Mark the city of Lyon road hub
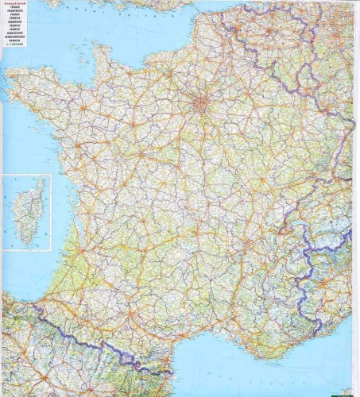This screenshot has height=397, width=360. [x=269, y=230]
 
